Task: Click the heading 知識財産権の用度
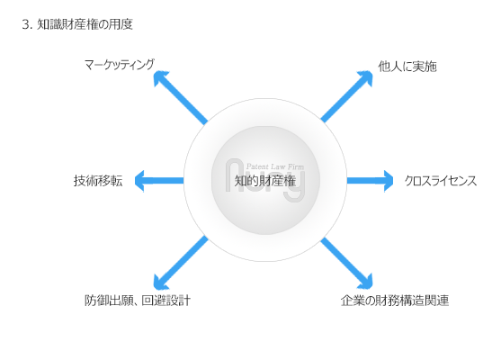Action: click(x=85, y=24)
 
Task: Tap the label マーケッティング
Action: click(x=120, y=65)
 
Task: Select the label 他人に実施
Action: click(x=407, y=67)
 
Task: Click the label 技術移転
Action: click(x=98, y=181)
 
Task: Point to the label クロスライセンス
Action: click(x=441, y=181)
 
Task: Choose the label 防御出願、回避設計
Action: click(x=138, y=301)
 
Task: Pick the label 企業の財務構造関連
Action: click(x=395, y=301)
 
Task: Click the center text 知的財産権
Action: click(x=265, y=181)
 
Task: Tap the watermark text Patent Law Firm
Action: click(x=274, y=166)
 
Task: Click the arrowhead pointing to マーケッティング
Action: click(x=160, y=77)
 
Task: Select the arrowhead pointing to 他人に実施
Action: click(x=366, y=77)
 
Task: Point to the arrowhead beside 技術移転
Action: click(x=139, y=181)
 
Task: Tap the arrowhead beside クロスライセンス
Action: click(x=389, y=181)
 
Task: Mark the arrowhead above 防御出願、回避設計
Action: click(x=160, y=283)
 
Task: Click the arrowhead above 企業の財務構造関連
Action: click(x=366, y=283)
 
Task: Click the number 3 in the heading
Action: click(x=26, y=24)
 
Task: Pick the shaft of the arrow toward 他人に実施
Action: click(x=344, y=101)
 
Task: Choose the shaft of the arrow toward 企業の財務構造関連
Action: click(x=344, y=259)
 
